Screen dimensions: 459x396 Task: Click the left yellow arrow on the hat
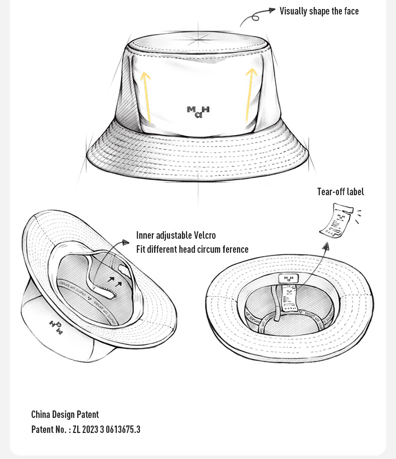tap(147, 98)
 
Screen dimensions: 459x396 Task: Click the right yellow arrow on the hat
tap(250, 95)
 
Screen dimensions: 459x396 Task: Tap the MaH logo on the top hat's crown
tap(198, 112)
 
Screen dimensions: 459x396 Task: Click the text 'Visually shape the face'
tap(319, 11)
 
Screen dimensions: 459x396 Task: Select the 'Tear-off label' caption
tap(340, 192)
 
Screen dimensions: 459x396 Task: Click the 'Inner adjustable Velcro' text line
tap(176, 235)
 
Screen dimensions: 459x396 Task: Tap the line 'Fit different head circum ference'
tap(192, 249)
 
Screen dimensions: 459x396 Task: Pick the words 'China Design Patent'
tap(65, 414)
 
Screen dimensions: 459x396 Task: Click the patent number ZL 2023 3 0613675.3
tap(106, 429)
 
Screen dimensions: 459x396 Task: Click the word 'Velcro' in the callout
tap(205, 235)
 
